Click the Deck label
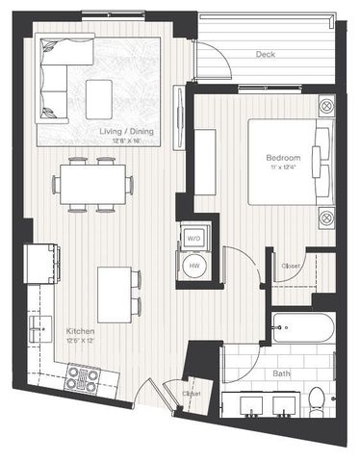pyautogui.click(x=266, y=55)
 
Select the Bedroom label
pyautogui.click(x=285, y=158)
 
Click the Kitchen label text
pyautogui.click(x=80, y=328)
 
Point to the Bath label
pyautogui.click(x=281, y=373)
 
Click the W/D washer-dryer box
pyautogui.click(x=193, y=238)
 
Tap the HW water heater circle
pyautogui.click(x=193, y=267)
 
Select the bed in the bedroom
pyautogui.click(x=287, y=161)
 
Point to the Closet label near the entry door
pyautogui.click(x=192, y=394)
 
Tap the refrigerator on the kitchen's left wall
pyautogui.click(x=41, y=262)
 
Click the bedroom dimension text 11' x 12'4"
pyautogui.click(x=285, y=168)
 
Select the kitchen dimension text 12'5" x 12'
pyautogui.click(x=80, y=339)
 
